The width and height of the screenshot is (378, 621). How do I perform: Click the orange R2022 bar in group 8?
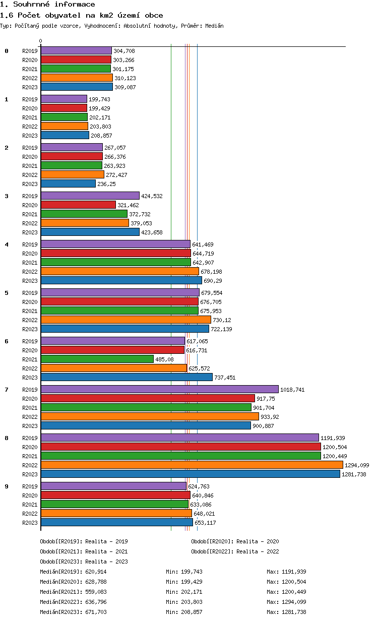[192, 465]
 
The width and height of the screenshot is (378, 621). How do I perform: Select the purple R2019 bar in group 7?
[159, 389]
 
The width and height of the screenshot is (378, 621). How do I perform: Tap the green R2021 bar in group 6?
[97, 359]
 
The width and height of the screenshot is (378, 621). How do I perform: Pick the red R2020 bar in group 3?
[78, 205]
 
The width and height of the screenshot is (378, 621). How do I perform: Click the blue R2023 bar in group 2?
[68, 183]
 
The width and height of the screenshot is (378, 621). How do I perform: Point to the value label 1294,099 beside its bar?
[357, 465]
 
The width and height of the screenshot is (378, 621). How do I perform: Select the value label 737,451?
[225, 378]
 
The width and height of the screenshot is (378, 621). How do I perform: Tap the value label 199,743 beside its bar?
[99, 99]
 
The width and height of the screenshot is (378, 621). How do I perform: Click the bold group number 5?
[7, 292]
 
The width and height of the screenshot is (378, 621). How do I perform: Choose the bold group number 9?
[7, 486]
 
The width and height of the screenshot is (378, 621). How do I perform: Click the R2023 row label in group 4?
[30, 281]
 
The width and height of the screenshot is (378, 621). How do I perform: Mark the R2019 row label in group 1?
[30, 99]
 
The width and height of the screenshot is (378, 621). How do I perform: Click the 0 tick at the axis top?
[41, 41]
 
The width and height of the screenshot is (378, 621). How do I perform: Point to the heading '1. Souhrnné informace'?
[47, 5]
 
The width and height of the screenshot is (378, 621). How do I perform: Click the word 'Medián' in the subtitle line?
[214, 26]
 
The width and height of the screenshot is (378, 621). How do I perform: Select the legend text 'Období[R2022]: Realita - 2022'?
[235, 551]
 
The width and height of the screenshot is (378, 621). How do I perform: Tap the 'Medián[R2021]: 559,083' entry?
[73, 592]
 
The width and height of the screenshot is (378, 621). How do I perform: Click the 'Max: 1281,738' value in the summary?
[286, 612]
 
